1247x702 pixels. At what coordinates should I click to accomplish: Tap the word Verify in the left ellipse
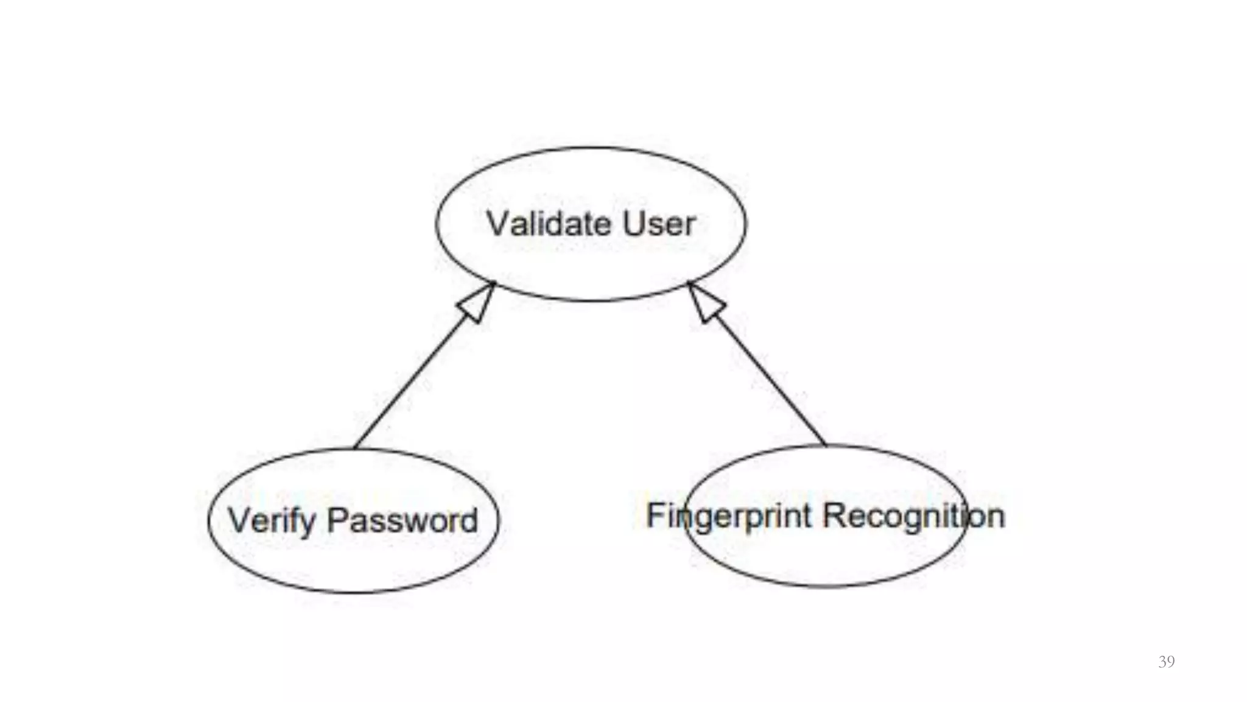click(272, 522)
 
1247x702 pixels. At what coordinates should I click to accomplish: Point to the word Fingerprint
click(729, 517)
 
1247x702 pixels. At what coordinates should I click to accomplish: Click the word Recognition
click(913, 516)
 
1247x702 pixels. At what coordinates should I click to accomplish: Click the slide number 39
click(1166, 662)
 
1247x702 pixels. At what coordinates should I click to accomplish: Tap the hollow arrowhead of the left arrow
click(478, 302)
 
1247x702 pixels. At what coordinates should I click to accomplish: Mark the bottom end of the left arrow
click(355, 449)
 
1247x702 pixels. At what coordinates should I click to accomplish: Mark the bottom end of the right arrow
click(826, 445)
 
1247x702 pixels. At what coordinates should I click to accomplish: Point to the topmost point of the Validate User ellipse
click(591, 147)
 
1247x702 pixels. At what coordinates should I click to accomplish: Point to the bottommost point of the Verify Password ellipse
click(353, 592)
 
